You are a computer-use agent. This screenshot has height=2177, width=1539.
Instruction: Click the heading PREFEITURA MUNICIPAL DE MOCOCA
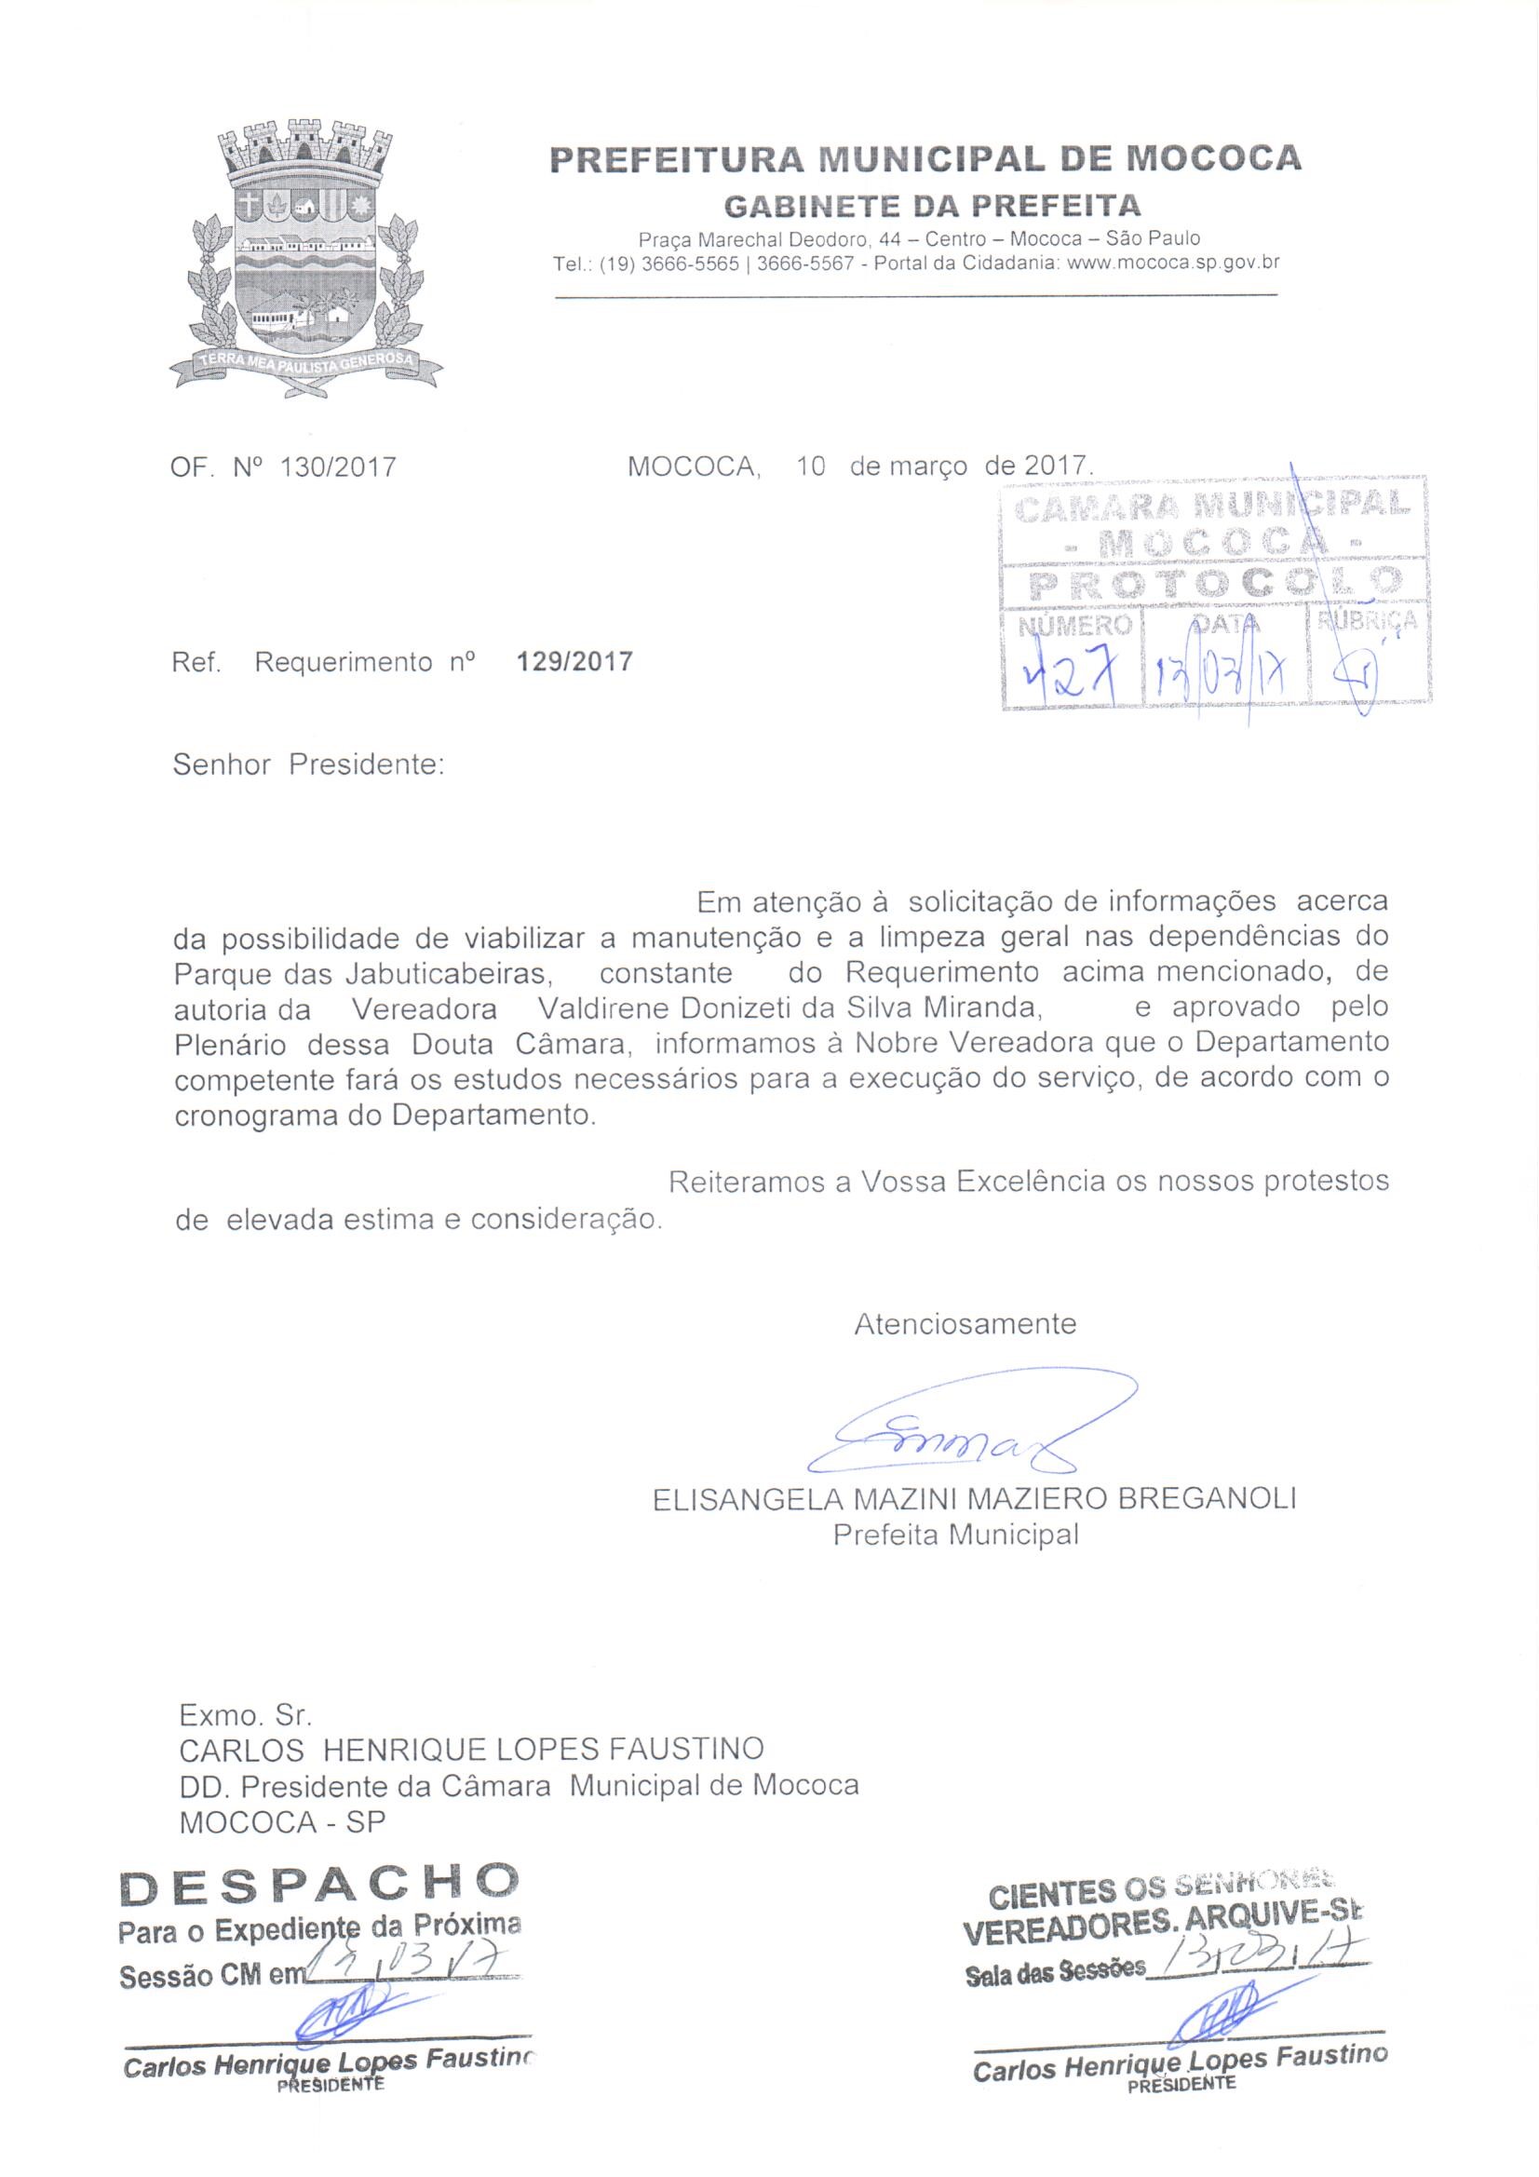click(x=925, y=158)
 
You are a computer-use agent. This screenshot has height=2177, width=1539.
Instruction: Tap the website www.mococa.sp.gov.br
click(x=1173, y=264)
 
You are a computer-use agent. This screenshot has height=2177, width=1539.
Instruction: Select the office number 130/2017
click(x=339, y=467)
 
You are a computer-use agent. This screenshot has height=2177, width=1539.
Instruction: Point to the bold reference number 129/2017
click(x=574, y=661)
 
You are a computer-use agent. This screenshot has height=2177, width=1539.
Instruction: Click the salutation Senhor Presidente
click(x=308, y=764)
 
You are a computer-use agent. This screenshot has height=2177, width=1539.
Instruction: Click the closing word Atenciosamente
click(x=965, y=1324)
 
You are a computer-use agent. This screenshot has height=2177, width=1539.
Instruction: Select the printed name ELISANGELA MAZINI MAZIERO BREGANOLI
click(x=974, y=1499)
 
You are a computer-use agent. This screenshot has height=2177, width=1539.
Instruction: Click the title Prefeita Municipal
click(x=956, y=1535)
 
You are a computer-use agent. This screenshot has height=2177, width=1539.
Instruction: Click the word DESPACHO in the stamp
click(x=319, y=1885)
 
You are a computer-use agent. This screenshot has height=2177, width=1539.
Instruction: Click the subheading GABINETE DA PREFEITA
click(x=932, y=206)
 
